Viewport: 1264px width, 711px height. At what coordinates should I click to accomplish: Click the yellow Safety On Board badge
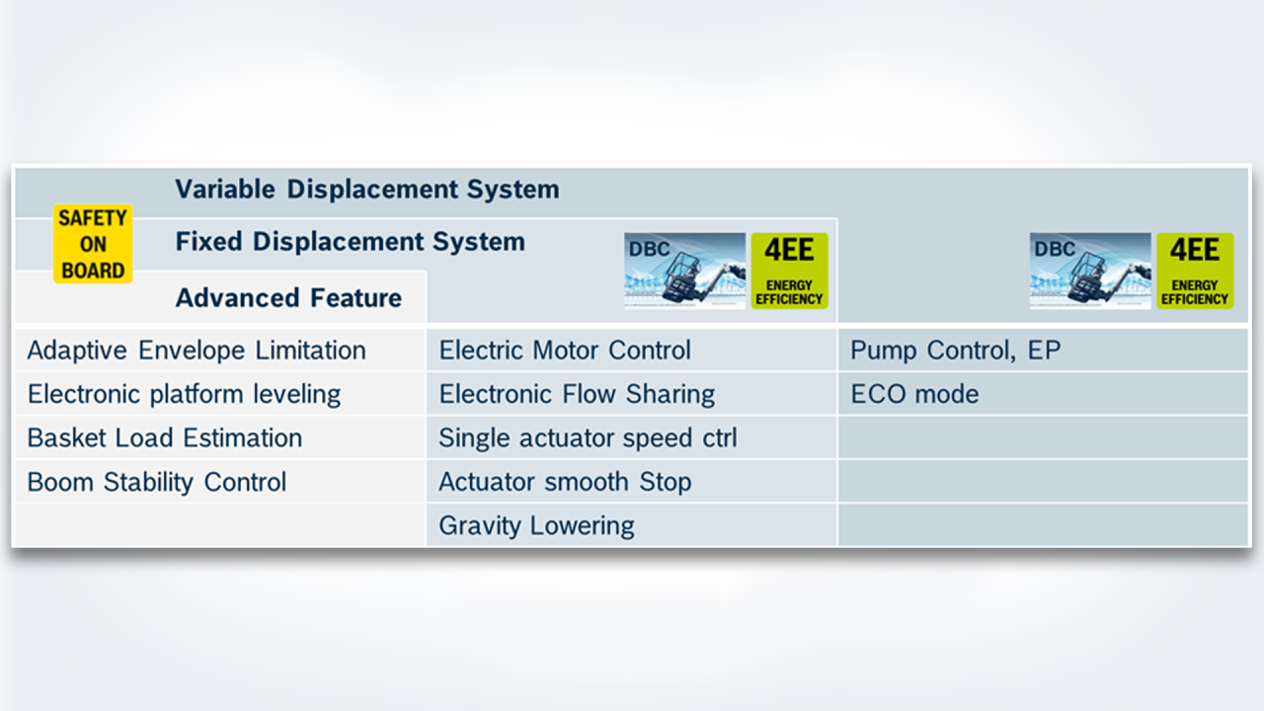(x=92, y=244)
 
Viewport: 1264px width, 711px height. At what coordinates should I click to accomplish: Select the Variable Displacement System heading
(x=366, y=190)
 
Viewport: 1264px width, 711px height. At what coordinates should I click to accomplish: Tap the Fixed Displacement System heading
(x=350, y=242)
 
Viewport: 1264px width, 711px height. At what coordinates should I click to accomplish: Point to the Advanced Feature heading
(x=288, y=298)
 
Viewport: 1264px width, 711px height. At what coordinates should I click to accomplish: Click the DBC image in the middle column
(x=684, y=271)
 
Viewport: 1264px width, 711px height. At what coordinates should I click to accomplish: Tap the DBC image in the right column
(x=1089, y=271)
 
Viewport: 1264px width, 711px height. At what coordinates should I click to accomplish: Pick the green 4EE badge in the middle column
(x=789, y=271)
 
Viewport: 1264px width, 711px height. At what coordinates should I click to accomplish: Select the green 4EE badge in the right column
(x=1195, y=271)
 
